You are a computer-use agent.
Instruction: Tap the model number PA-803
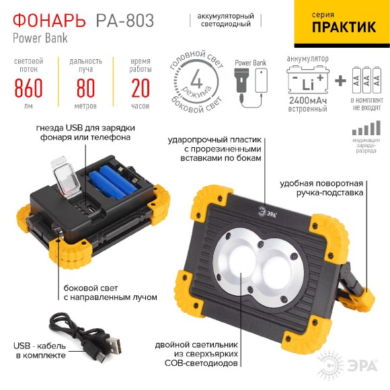pyautogui.click(x=130, y=20)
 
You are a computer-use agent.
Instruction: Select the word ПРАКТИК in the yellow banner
pyautogui.click(x=344, y=28)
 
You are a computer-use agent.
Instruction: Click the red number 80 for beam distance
pyautogui.click(x=85, y=87)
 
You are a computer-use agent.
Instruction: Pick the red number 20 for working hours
pyautogui.click(x=141, y=87)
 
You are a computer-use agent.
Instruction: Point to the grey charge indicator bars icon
pyautogui.click(x=365, y=129)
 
